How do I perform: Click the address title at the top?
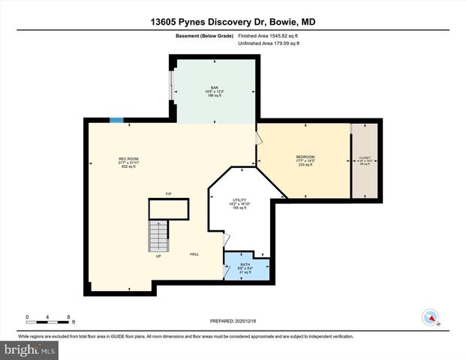tap(233, 22)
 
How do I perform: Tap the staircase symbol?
tap(158, 236)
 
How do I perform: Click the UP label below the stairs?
tap(158, 256)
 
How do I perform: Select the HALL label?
tap(194, 254)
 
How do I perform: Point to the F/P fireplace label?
tap(169, 194)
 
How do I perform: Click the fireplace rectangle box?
tap(169, 208)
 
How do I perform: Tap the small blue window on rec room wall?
tap(117, 119)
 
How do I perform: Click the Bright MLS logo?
tap(29, 349)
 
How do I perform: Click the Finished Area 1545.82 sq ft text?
tap(269, 36)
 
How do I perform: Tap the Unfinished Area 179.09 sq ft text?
tap(269, 43)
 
